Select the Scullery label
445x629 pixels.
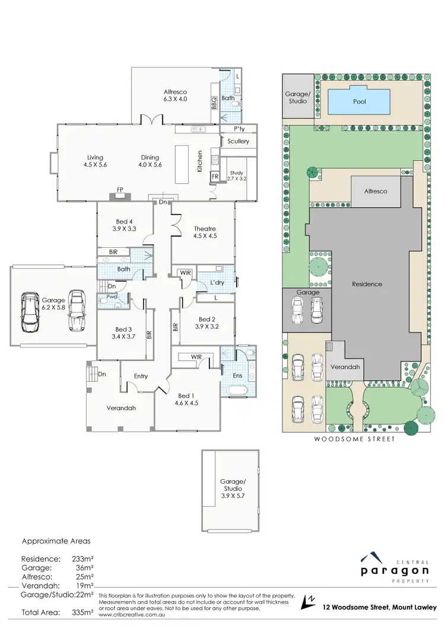pyautogui.click(x=238, y=142)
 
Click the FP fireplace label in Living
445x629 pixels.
pyautogui.click(x=120, y=190)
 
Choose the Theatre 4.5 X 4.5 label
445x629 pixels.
pyautogui.click(x=204, y=232)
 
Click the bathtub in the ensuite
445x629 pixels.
pyautogui.click(x=236, y=391)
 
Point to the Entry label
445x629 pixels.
pyautogui.click(x=141, y=376)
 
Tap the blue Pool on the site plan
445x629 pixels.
pyautogui.click(x=359, y=101)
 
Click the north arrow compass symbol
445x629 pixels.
pyautogui.click(x=309, y=601)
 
